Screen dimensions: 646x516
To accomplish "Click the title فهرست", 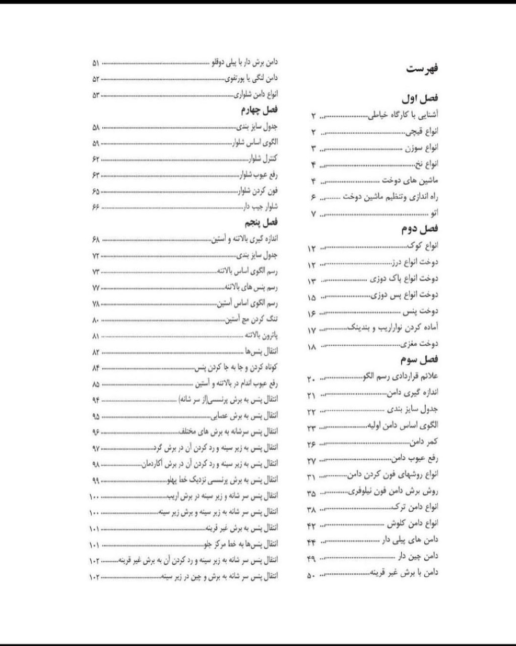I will click(x=422, y=69).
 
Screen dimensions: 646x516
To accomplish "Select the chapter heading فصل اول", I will click(x=420, y=99).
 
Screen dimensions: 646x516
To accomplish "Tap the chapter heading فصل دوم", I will click(x=420, y=229).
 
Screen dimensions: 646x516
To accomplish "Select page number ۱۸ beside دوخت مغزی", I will click(x=311, y=347).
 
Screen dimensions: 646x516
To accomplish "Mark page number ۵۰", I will click(x=311, y=575).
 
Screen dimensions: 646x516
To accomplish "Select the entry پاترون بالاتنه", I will click(x=261, y=336).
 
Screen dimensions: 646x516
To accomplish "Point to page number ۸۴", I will click(x=96, y=368).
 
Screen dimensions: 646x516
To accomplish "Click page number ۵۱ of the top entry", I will click(x=96, y=64).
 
